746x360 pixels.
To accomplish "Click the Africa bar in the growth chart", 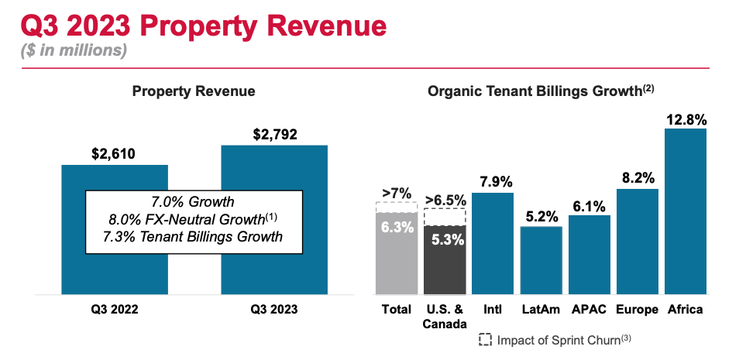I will (685, 211).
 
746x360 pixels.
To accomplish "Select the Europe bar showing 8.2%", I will (637, 242).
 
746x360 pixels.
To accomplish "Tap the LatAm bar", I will (541, 260).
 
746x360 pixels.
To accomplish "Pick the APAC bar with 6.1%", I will (589, 255).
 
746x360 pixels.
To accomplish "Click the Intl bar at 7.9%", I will (492, 244).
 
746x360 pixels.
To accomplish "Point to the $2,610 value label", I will (114, 154).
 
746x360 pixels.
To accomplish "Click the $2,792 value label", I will (274, 135).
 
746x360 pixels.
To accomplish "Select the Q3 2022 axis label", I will (114, 310).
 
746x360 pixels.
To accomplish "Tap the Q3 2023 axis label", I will (274, 310).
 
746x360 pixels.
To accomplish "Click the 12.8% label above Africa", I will (685, 119).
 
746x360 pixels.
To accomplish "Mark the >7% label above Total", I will (396, 193).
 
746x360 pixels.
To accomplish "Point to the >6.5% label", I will (445, 199).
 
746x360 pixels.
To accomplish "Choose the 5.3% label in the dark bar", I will (445, 239).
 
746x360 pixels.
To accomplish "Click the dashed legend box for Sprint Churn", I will (486, 340).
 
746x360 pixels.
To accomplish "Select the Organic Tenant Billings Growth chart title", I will (540, 91).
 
